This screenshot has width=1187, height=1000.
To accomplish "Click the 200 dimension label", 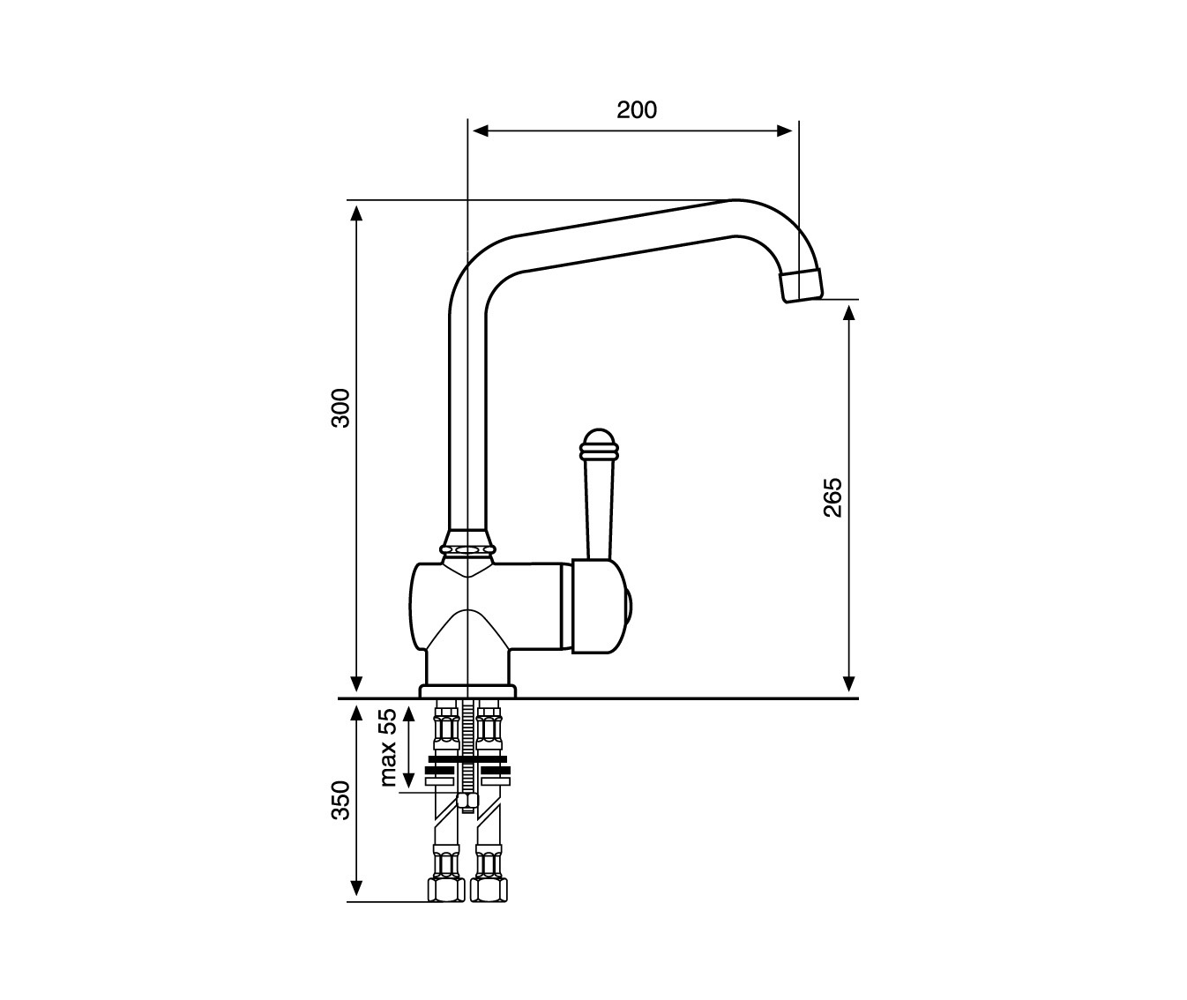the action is pos(636,109).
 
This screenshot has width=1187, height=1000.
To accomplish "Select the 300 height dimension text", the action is pos(340,407).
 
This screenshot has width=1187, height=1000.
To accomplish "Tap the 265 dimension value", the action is pos(832,496).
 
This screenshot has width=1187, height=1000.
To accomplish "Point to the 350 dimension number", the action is pos(340,800).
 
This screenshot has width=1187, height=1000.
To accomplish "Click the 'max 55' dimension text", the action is pos(388,748).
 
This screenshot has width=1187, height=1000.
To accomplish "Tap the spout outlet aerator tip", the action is pos(801,285).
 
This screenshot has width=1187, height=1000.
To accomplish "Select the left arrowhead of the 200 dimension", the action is pos(481,131).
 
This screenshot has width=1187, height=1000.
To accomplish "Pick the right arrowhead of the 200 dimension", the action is pos(785,131).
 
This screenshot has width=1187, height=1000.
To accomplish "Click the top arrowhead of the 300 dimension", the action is pos(356,213).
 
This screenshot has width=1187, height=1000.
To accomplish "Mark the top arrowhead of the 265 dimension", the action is pos(848,313).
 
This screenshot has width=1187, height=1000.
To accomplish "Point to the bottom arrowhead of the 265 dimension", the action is pos(848,684).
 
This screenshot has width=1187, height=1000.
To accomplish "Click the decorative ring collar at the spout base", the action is pos(467,549).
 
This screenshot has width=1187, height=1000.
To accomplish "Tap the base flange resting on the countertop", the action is pos(467,691).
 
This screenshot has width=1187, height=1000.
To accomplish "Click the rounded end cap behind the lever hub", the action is pos(628,608).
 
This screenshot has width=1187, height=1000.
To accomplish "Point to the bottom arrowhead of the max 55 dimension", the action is pos(408,780).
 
